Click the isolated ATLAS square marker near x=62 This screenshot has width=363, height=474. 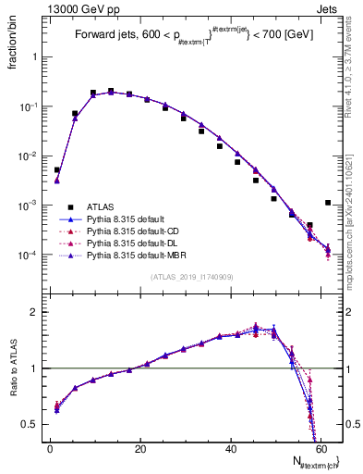pyautogui.click(x=328, y=203)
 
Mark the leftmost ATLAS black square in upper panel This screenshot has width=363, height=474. pyautogui.click(x=56, y=170)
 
